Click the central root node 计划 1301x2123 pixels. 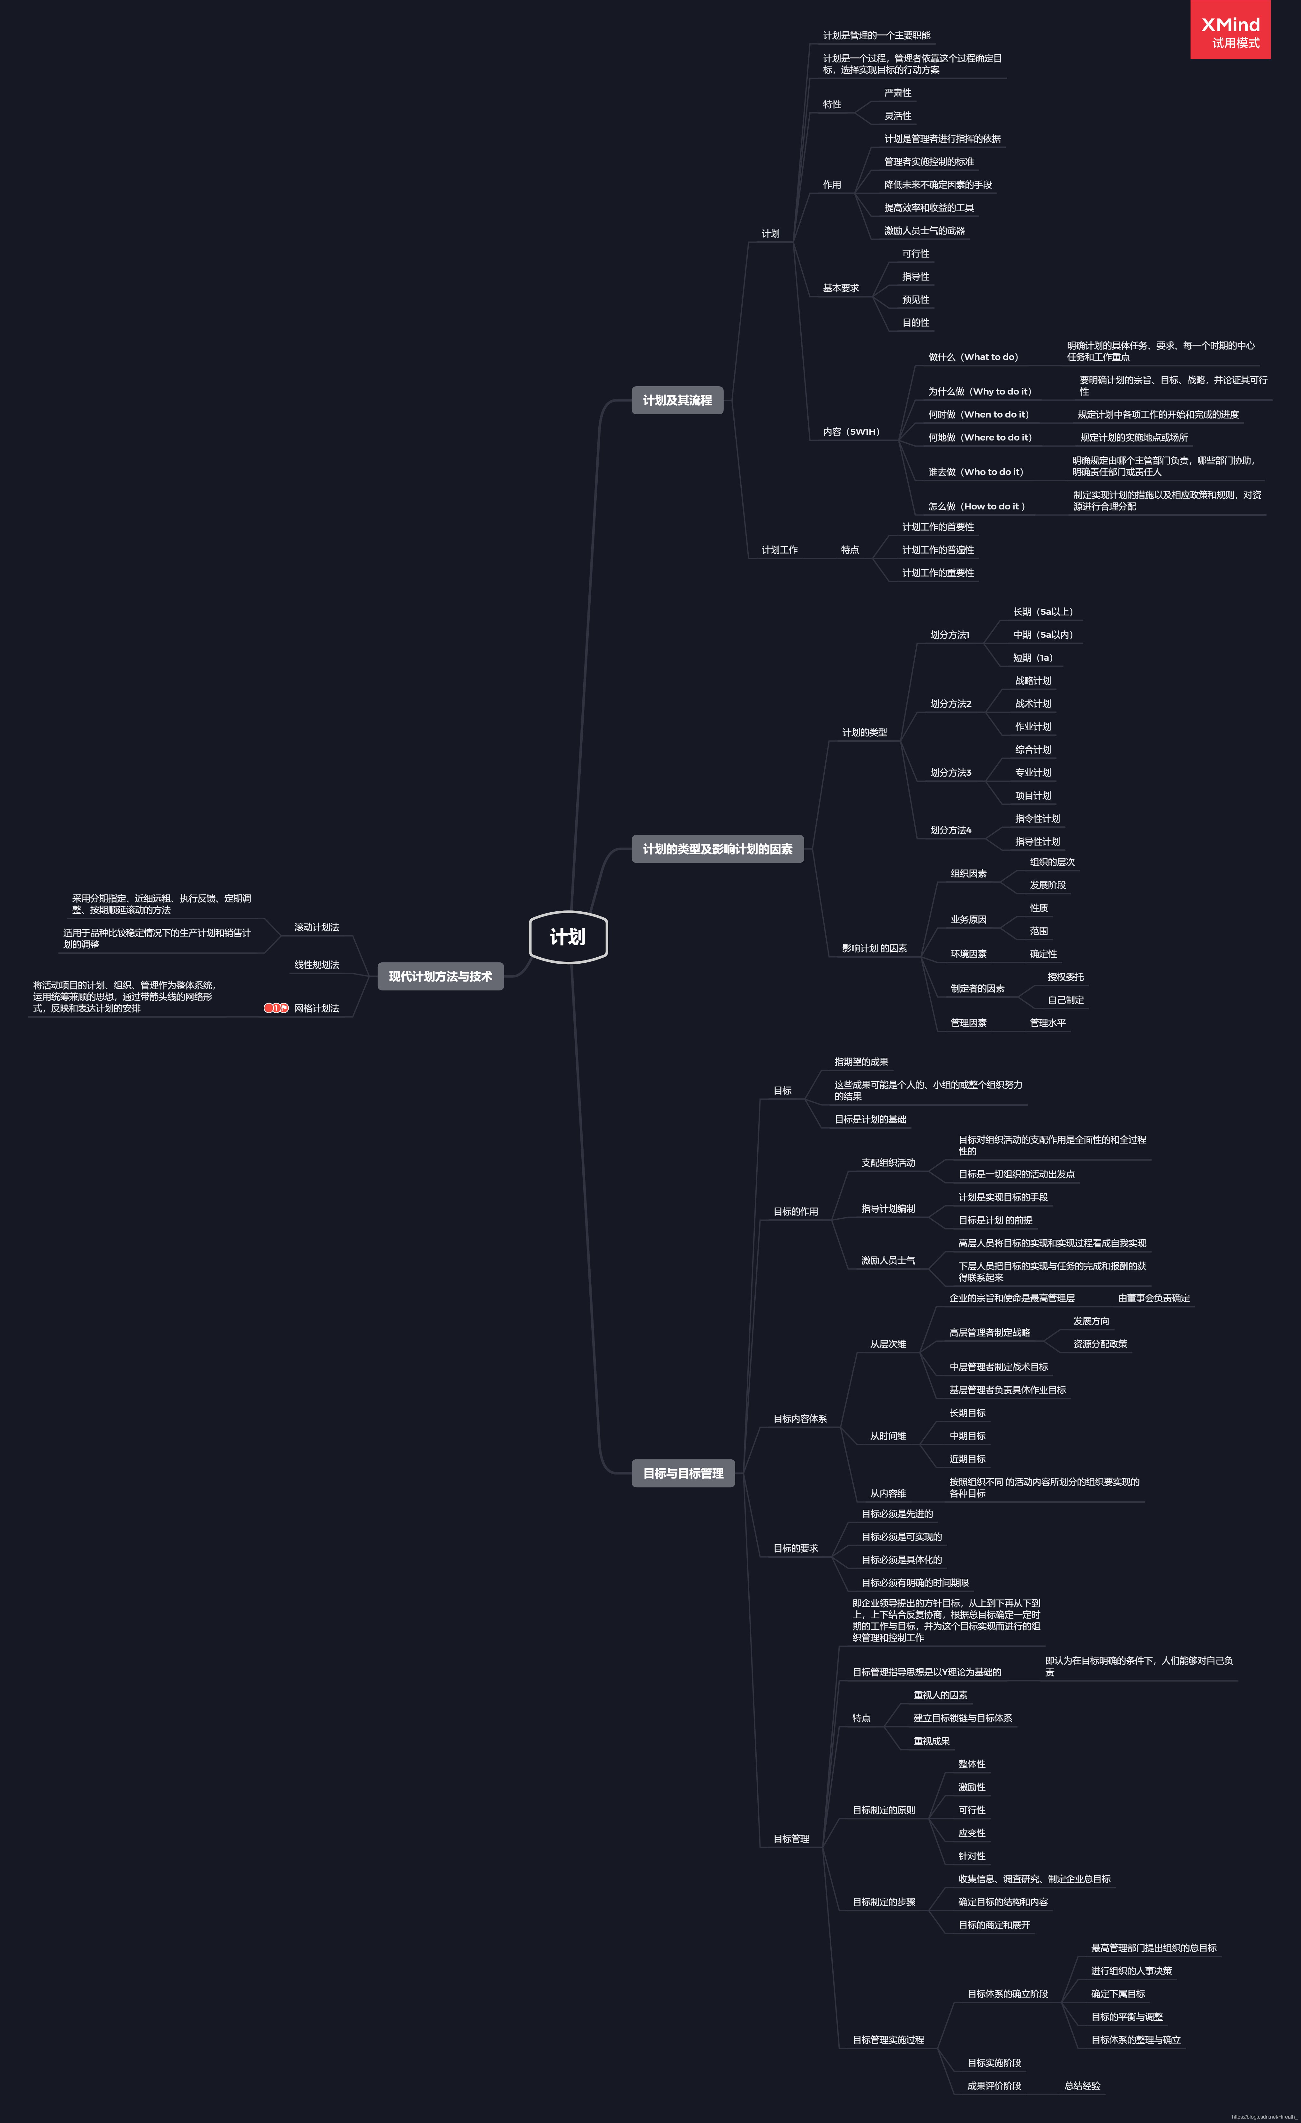(568, 937)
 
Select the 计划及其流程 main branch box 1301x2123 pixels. (677, 400)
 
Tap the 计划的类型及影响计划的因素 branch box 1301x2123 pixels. (717, 849)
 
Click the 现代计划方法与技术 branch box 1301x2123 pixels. (440, 976)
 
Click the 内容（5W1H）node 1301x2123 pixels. (851, 432)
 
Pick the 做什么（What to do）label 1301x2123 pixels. (973, 357)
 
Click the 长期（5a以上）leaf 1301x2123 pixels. (1042, 612)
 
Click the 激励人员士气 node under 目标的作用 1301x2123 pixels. (888, 1261)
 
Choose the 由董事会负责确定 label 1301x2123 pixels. (1154, 1299)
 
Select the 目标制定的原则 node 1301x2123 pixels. (883, 1810)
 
